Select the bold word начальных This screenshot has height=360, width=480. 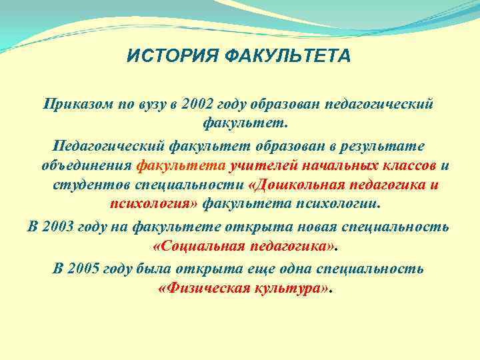[x=330, y=165]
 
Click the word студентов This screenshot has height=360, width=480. [x=85, y=185]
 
